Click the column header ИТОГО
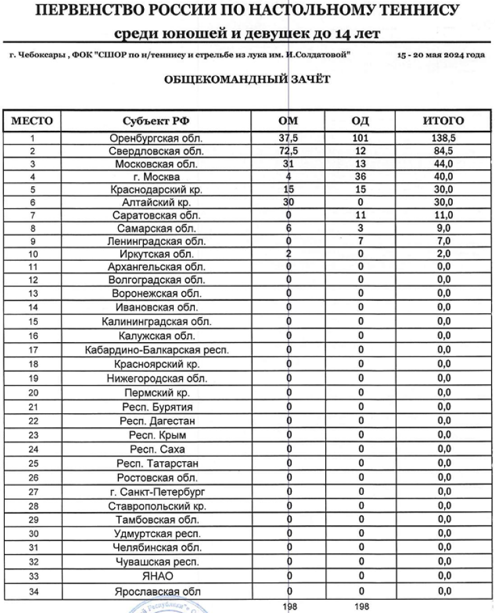click(x=444, y=121)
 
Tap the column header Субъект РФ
click(x=156, y=121)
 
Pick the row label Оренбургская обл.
click(x=156, y=139)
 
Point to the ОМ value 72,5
click(x=288, y=151)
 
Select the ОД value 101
click(x=361, y=139)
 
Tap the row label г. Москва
click(x=156, y=177)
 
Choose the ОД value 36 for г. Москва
click(x=361, y=177)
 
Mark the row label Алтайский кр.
click(x=156, y=203)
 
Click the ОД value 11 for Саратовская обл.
click(x=361, y=215)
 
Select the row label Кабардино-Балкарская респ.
click(x=156, y=350)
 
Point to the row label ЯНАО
click(x=156, y=577)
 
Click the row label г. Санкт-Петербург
click(x=156, y=492)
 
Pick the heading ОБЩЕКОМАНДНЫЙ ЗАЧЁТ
click(x=247, y=79)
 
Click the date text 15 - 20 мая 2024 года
click(x=441, y=55)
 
